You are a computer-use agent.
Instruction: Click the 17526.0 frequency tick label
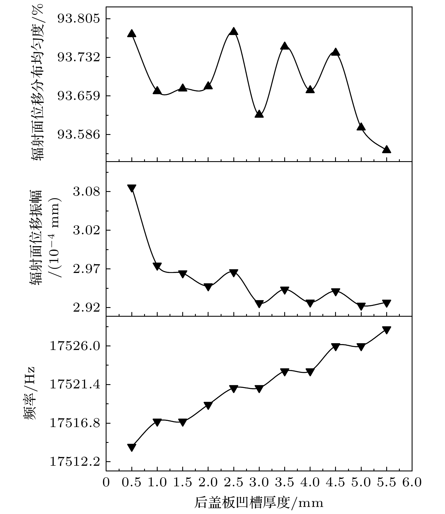[75, 346]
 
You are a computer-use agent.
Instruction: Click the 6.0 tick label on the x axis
[412, 482]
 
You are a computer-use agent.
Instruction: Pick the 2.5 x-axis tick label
[233, 482]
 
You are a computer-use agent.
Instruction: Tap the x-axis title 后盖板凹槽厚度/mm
[259, 503]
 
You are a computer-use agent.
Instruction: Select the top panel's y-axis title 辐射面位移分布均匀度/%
[38, 84]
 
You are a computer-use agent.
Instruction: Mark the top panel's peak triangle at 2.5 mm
[233, 31]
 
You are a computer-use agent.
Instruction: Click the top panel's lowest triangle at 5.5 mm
[387, 149]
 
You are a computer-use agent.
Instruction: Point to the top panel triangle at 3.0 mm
[259, 114]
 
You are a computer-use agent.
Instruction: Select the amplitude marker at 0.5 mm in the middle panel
[132, 188]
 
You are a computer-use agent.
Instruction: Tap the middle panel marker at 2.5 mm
[233, 272]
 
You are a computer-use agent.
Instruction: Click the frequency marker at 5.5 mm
[387, 330]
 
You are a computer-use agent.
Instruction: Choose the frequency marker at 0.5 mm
[132, 447]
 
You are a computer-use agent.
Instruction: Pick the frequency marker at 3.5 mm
[285, 372]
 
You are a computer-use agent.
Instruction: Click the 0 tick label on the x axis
[106, 482]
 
